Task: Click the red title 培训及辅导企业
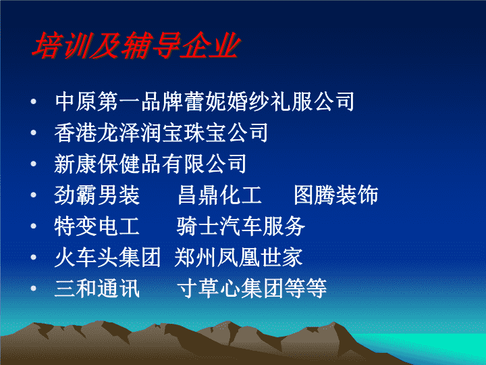[136, 45]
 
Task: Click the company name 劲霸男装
[97, 195]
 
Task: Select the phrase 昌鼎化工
[220, 195]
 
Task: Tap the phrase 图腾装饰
[336, 195]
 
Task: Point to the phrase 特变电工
[97, 226]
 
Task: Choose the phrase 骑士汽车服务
[241, 226]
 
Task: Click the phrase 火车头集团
[107, 257]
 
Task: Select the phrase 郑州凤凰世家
[238, 257]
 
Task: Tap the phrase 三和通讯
[97, 288]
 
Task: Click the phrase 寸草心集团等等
[252, 288]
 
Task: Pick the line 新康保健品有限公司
[151, 164]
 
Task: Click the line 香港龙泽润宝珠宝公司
[161, 132]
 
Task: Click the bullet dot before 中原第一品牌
[34, 101]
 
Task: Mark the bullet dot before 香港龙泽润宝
[34, 132]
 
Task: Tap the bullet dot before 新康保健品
[34, 164]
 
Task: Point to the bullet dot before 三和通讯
[34, 288]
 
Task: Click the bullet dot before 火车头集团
[34, 257]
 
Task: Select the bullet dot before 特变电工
[34, 226]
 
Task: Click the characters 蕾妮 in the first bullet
[205, 101]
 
